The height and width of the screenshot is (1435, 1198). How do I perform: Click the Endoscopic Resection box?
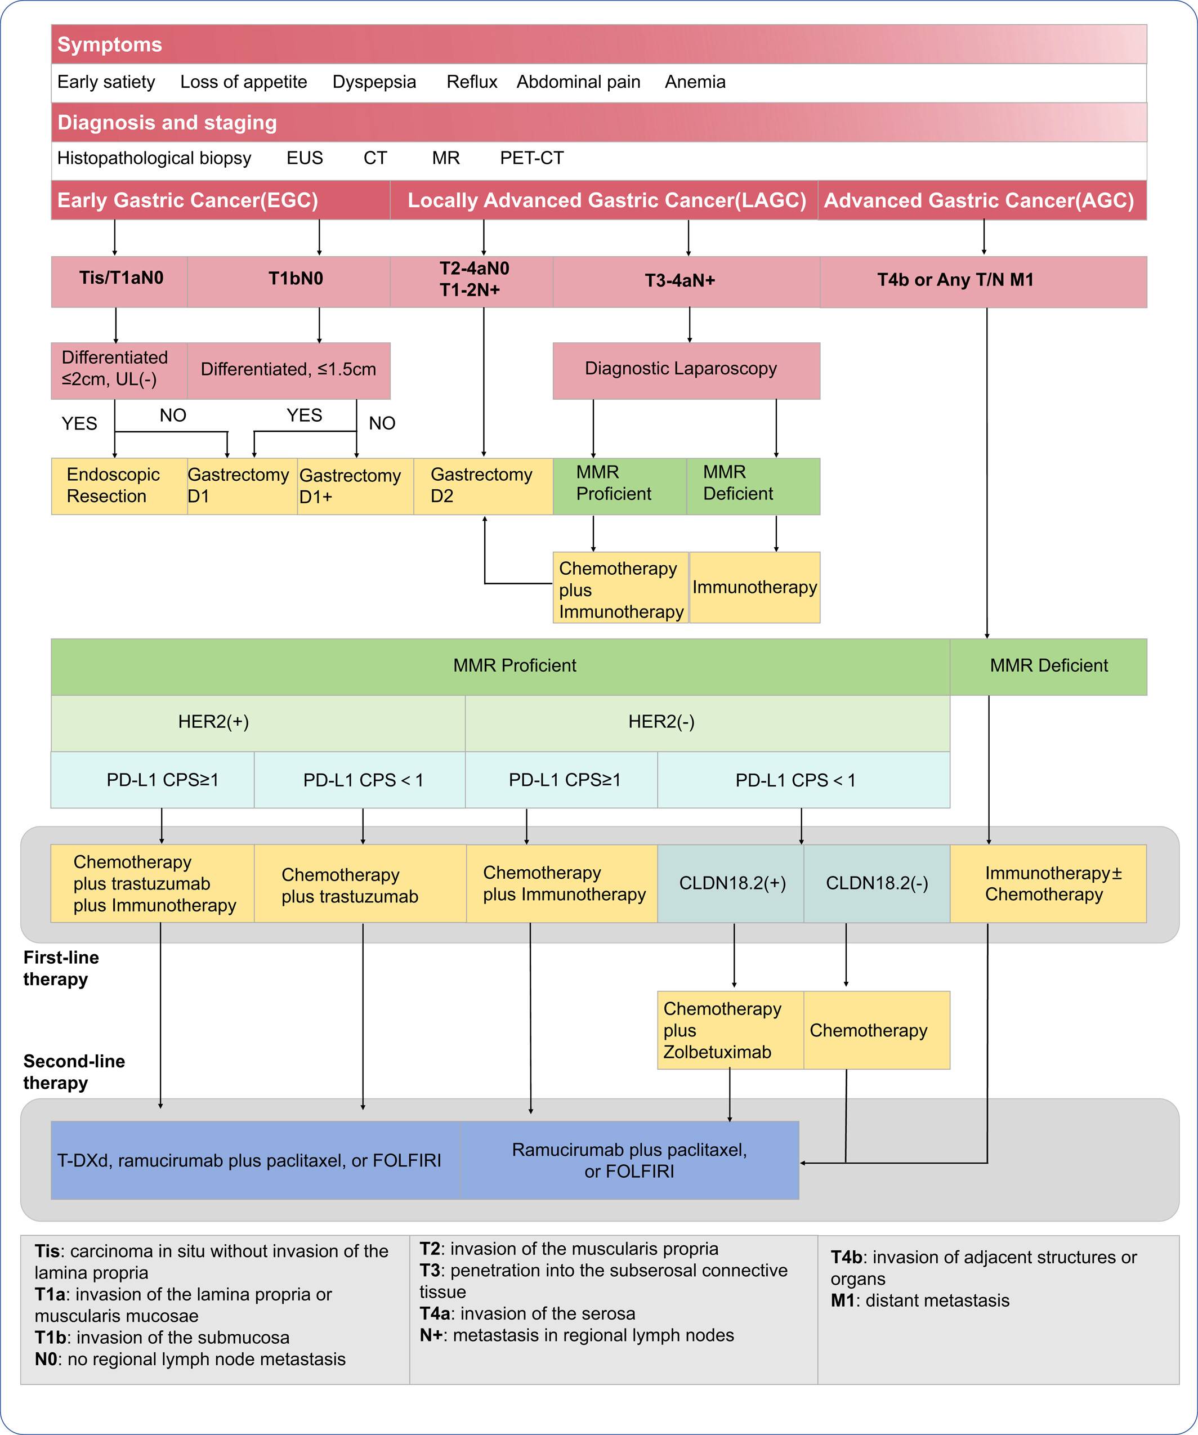click(119, 486)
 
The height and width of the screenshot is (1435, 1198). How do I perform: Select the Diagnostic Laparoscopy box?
click(686, 370)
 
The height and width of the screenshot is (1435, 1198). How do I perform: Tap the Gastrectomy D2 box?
click(483, 486)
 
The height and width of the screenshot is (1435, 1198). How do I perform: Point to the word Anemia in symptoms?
click(695, 82)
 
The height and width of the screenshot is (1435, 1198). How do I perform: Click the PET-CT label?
click(531, 158)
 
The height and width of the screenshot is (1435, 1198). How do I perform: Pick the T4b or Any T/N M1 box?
click(984, 281)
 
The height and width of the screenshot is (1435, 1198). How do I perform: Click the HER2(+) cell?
click(258, 723)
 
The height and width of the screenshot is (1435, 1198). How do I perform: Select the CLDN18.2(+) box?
click(731, 883)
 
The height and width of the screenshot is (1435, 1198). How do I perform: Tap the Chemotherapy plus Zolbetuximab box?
click(731, 1030)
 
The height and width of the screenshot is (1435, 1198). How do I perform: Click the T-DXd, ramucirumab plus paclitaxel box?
click(256, 1160)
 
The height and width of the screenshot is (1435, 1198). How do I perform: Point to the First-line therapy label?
click(61, 968)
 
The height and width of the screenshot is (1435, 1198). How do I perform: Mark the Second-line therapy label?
click(74, 1072)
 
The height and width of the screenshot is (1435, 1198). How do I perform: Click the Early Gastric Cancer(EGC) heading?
click(187, 200)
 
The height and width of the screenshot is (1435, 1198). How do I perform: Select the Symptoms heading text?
click(109, 44)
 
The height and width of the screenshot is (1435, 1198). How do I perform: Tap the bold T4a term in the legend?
click(437, 1313)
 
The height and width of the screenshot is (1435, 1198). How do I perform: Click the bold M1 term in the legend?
click(843, 1300)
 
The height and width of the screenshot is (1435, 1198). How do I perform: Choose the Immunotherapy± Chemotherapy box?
click(1048, 883)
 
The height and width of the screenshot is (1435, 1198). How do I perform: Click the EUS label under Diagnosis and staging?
click(305, 158)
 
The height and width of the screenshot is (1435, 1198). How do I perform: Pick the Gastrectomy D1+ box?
click(355, 486)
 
